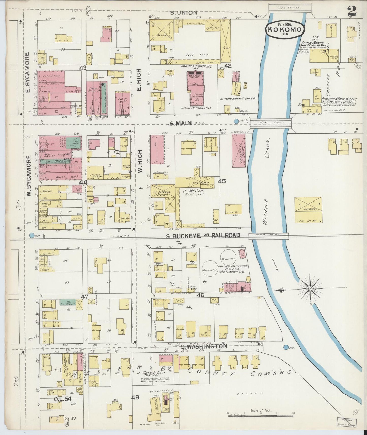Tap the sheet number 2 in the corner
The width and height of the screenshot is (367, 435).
pos(352,11)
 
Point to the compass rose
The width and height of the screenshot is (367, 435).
pos(310,289)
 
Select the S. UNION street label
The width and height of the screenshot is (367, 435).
pos(184,13)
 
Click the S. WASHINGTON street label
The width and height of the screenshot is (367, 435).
pos(204,346)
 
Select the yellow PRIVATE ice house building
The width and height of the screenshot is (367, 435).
pos(308,209)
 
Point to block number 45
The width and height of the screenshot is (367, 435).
pos(222,181)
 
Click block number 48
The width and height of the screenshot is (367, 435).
pos(135,397)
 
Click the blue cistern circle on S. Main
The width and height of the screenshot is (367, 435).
pos(236,121)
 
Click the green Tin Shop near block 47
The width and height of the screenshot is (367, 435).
pos(68,302)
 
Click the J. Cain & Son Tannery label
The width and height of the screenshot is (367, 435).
pos(151,374)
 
